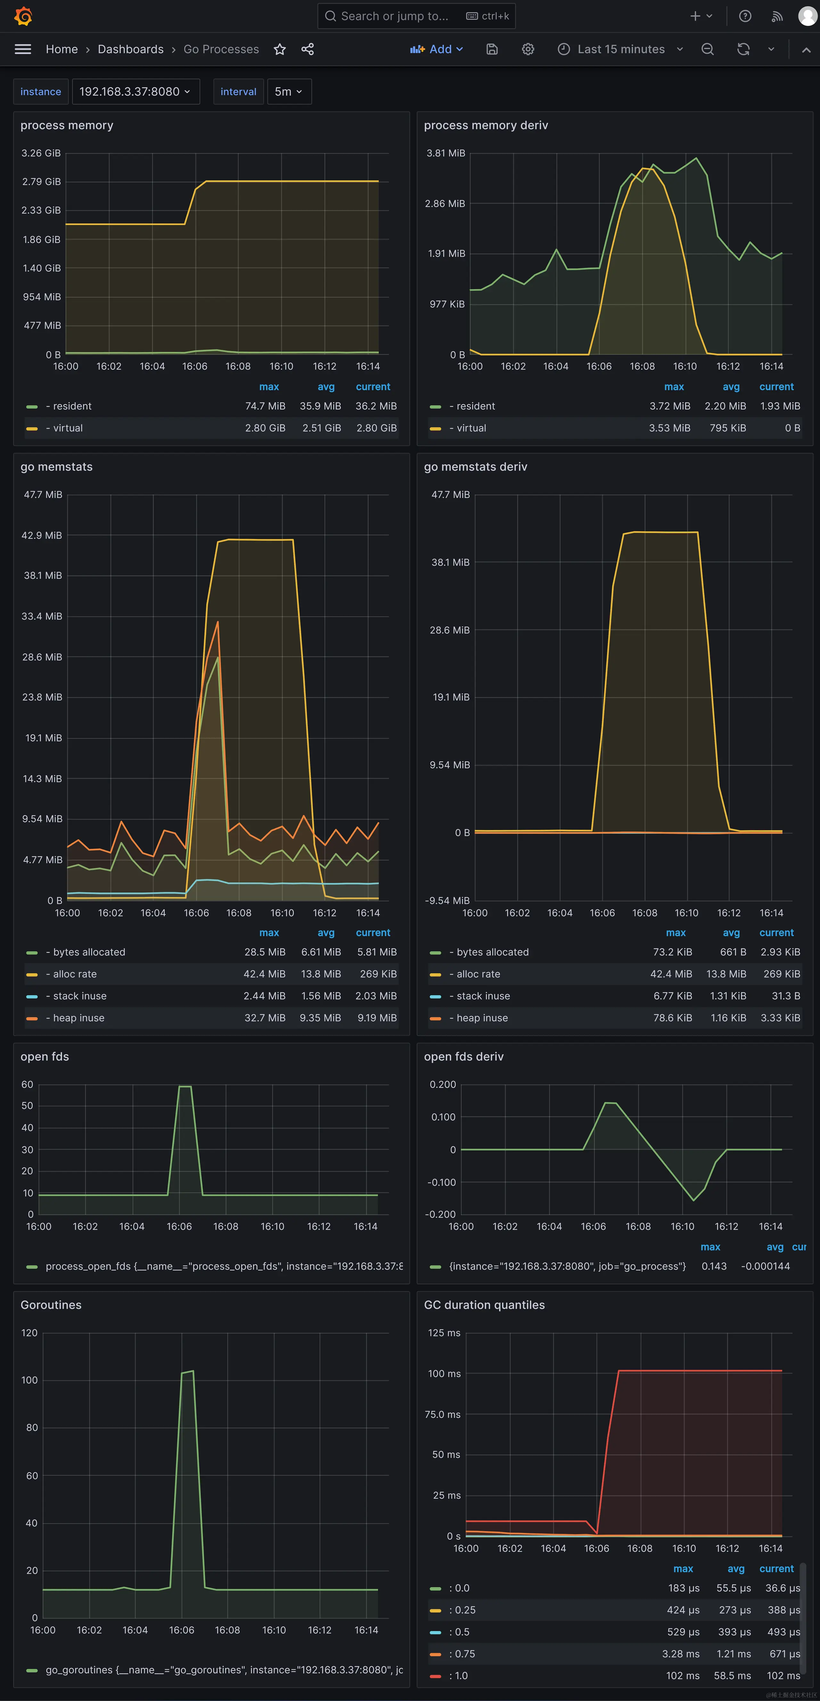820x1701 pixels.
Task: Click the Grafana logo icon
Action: [x=23, y=16]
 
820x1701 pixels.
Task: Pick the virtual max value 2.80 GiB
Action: [x=265, y=428]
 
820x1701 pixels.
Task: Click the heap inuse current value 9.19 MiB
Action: [x=377, y=1018]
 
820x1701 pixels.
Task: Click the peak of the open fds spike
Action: [x=185, y=1086]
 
